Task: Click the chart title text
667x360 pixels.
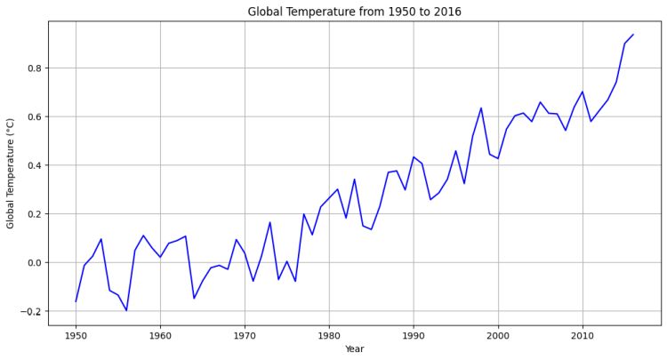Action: pyautogui.click(x=354, y=12)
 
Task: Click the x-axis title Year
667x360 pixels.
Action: pyautogui.click(x=354, y=349)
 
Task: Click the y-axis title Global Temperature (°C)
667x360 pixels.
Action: pyautogui.click(x=11, y=173)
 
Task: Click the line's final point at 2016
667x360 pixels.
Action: pyautogui.click(x=633, y=35)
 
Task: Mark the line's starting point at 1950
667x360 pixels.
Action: pyautogui.click(x=76, y=301)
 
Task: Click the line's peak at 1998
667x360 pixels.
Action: pyautogui.click(x=481, y=108)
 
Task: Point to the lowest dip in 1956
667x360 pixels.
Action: pyautogui.click(x=126, y=310)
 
